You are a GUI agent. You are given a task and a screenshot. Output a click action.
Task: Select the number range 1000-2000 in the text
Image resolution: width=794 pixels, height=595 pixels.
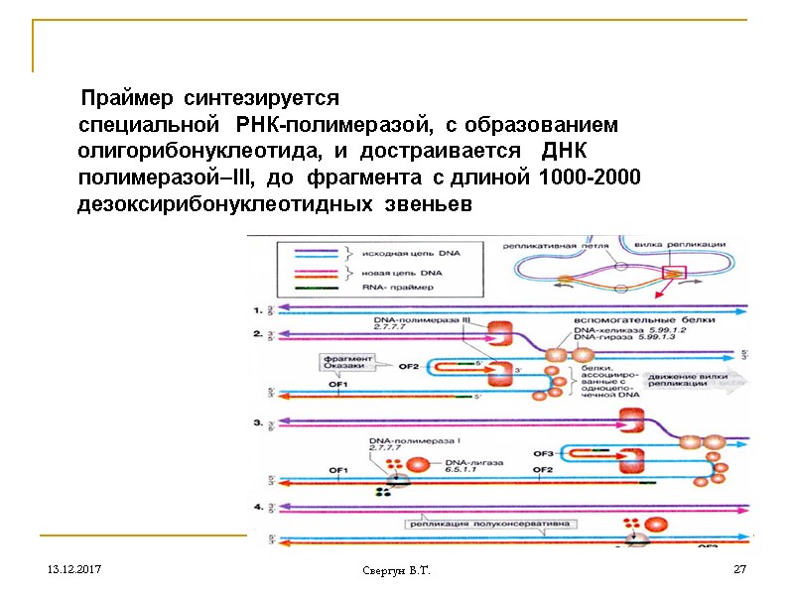[x=589, y=178]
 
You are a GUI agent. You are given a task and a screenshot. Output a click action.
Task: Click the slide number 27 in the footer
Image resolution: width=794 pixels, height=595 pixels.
[x=739, y=570]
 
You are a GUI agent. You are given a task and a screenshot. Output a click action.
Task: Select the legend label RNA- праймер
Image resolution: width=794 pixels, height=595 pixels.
[x=392, y=287]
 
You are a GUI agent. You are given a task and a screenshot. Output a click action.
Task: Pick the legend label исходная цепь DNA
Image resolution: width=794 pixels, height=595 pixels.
[x=404, y=254]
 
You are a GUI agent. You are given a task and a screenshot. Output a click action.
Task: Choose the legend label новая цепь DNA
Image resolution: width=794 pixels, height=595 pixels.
[x=398, y=272]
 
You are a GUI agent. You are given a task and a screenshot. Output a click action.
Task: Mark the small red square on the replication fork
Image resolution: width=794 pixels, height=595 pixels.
[x=675, y=271]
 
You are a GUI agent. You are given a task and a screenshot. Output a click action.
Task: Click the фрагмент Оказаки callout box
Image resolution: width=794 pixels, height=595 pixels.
[x=345, y=363]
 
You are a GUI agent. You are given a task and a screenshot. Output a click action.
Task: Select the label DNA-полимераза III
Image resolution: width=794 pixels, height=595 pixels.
[x=421, y=320]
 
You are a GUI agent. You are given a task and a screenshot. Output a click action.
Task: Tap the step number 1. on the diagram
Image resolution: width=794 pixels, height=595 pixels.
[x=260, y=310]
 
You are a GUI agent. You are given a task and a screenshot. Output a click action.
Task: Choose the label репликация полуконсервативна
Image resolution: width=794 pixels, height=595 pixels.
[x=472, y=523]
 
